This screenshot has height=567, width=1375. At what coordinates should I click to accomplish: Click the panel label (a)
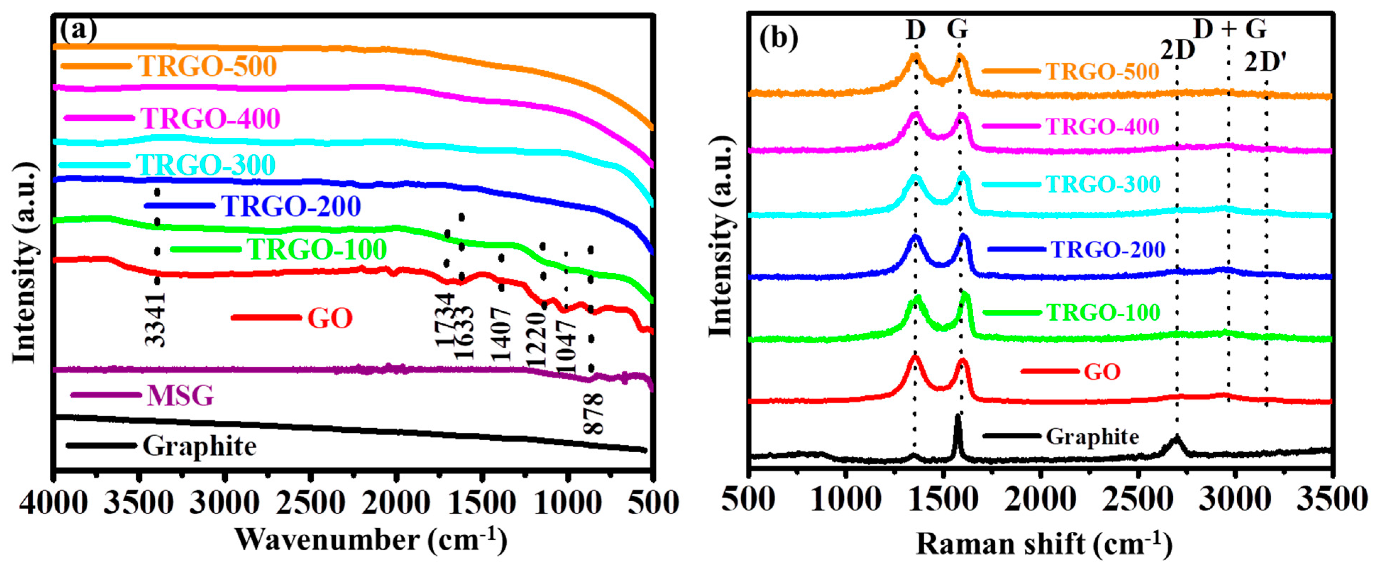click(x=78, y=30)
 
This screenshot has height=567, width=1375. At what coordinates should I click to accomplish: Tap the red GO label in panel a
click(x=330, y=318)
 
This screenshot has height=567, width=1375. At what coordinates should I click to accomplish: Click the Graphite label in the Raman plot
click(x=1092, y=437)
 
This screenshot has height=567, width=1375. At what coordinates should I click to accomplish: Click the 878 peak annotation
click(x=593, y=413)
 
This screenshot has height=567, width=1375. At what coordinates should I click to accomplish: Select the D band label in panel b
click(x=915, y=30)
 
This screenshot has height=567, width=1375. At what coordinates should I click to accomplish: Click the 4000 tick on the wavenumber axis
click(x=53, y=503)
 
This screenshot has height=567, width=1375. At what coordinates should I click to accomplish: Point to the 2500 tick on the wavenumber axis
click(x=309, y=503)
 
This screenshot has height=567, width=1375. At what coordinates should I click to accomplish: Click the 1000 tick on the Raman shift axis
click(x=846, y=500)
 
